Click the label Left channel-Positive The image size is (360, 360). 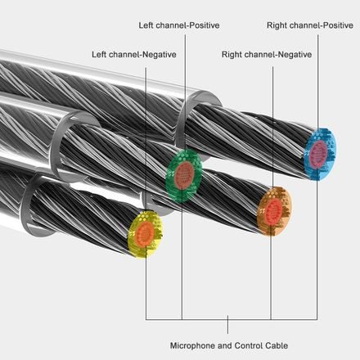(x=179, y=25)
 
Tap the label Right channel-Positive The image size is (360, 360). (x=310, y=25)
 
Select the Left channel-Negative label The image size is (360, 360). (x=134, y=55)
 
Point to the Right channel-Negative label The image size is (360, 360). (x=267, y=55)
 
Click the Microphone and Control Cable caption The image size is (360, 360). (x=229, y=345)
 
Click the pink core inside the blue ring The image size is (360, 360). (x=318, y=153)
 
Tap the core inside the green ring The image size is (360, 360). (x=184, y=175)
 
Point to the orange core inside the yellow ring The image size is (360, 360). (x=145, y=233)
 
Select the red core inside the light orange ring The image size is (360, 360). (x=273, y=211)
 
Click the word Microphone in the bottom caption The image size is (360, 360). (x=192, y=345)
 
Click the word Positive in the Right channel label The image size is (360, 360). (x=338, y=25)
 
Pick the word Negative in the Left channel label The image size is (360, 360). (x=160, y=55)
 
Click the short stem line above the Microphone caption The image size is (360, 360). (x=228, y=325)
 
